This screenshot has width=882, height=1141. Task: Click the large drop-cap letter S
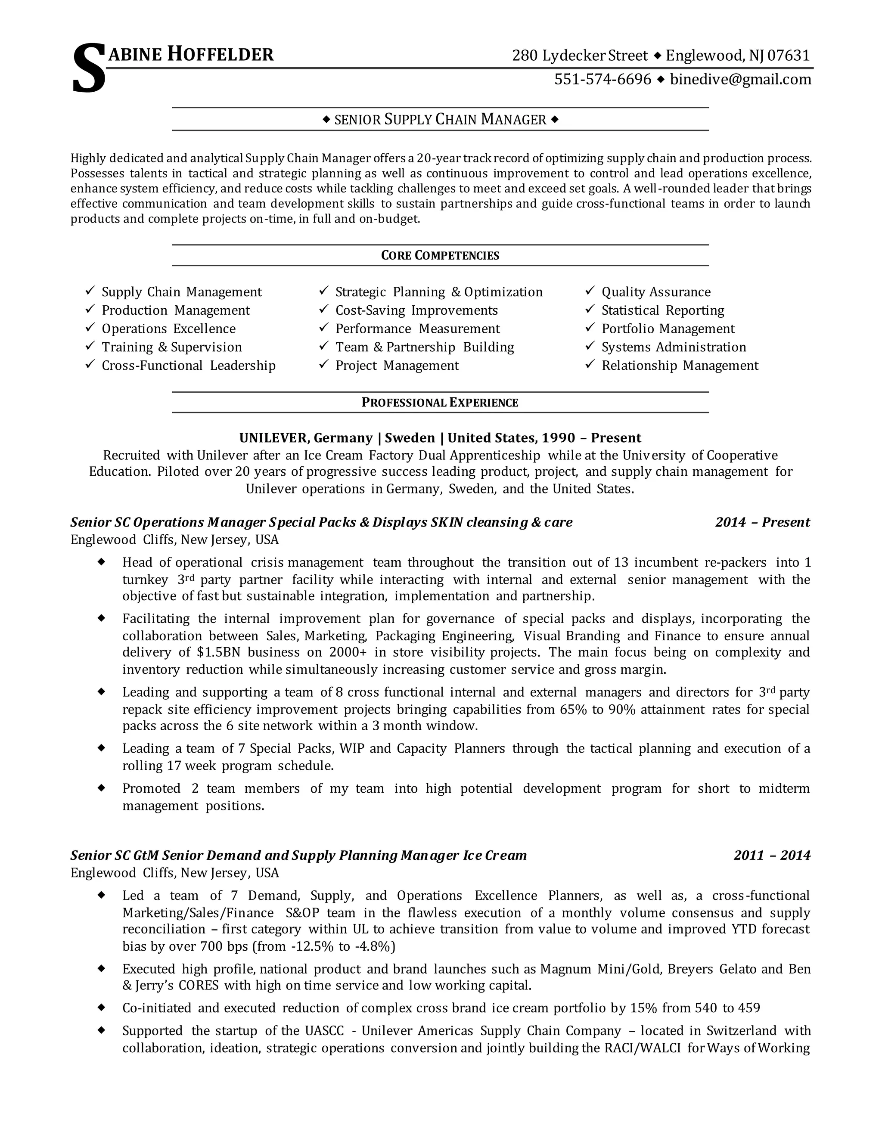[x=89, y=69]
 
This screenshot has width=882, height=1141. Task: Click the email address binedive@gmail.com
[x=740, y=79]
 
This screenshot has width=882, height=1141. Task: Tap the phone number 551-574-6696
[x=602, y=79]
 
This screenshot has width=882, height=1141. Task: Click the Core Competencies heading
[x=440, y=255]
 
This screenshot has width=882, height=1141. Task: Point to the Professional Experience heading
[x=440, y=402]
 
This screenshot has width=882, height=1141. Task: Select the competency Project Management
[x=397, y=366]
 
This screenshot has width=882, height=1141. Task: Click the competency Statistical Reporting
[x=662, y=310]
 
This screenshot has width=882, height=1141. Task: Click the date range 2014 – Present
[x=762, y=522]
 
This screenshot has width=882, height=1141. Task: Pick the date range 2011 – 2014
[x=772, y=855]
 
